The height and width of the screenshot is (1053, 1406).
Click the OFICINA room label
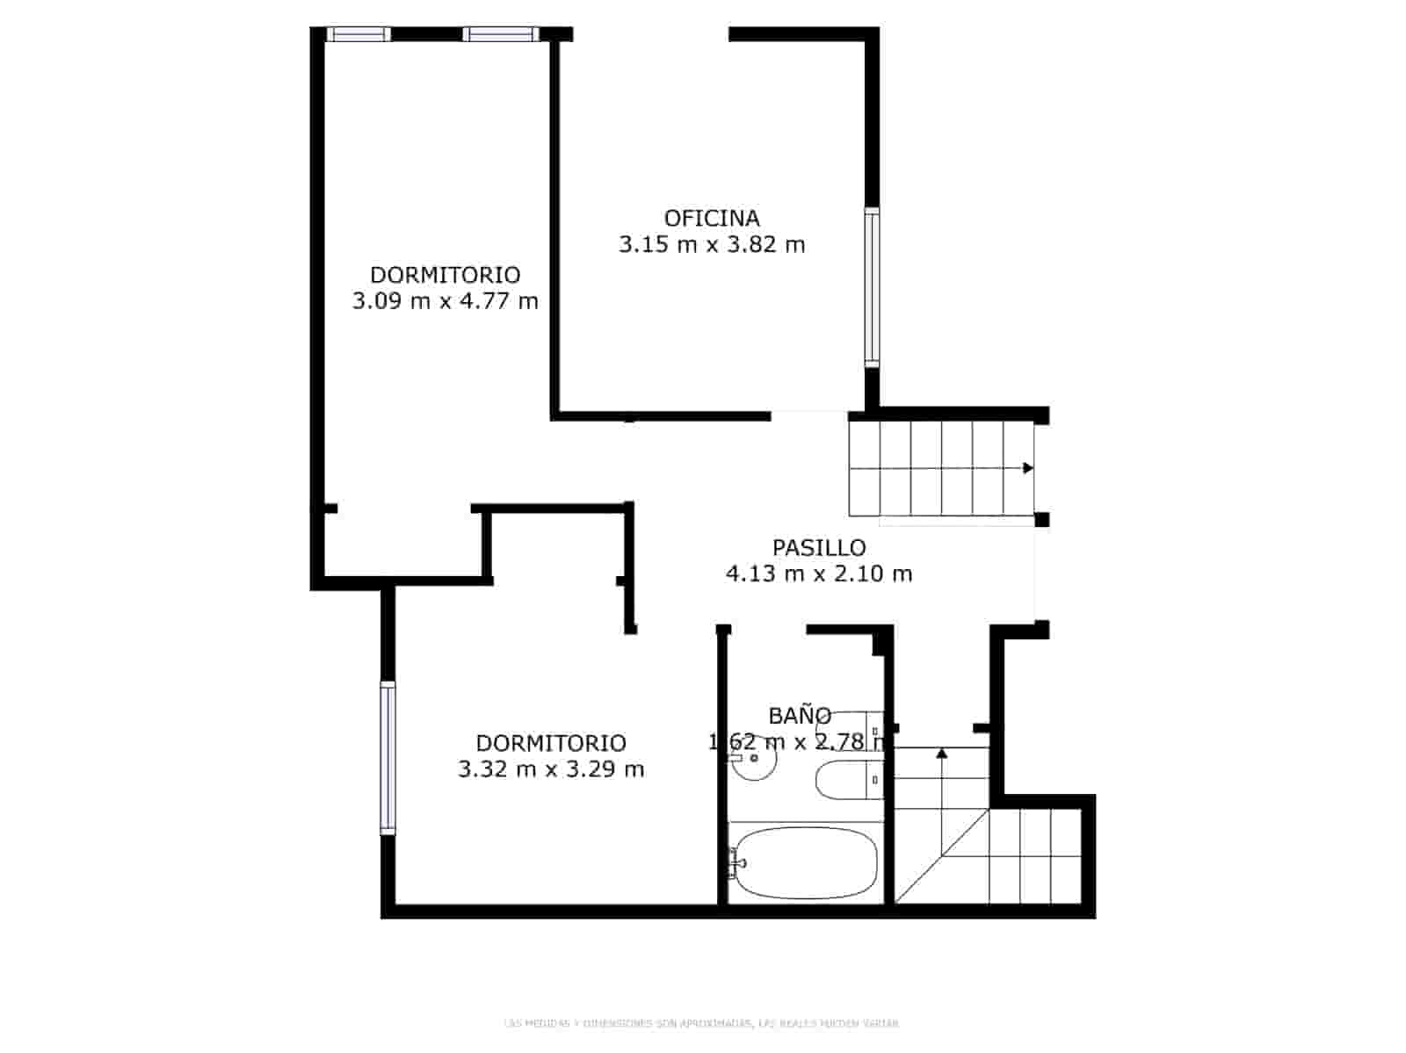(x=712, y=218)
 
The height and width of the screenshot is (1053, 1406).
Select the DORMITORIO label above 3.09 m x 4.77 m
(x=445, y=275)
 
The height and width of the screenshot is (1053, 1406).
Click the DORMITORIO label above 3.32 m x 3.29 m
(x=551, y=743)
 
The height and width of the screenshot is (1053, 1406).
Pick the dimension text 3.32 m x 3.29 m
(x=551, y=770)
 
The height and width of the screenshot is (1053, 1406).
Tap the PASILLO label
(x=819, y=548)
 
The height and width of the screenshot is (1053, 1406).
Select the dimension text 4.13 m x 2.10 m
(x=819, y=574)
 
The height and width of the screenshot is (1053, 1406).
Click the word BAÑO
(x=800, y=716)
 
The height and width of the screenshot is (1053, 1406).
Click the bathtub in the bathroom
(x=804, y=862)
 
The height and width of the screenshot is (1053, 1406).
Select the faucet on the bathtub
(x=735, y=862)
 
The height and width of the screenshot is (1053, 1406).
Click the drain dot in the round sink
(x=754, y=757)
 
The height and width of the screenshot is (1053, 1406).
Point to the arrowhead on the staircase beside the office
(x=1028, y=468)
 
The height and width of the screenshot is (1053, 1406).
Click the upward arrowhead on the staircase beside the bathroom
(x=942, y=753)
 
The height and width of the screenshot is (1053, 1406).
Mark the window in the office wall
(x=871, y=287)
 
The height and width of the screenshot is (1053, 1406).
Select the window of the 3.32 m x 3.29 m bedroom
(x=388, y=757)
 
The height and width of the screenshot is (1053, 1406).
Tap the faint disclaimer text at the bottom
(x=701, y=1023)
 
